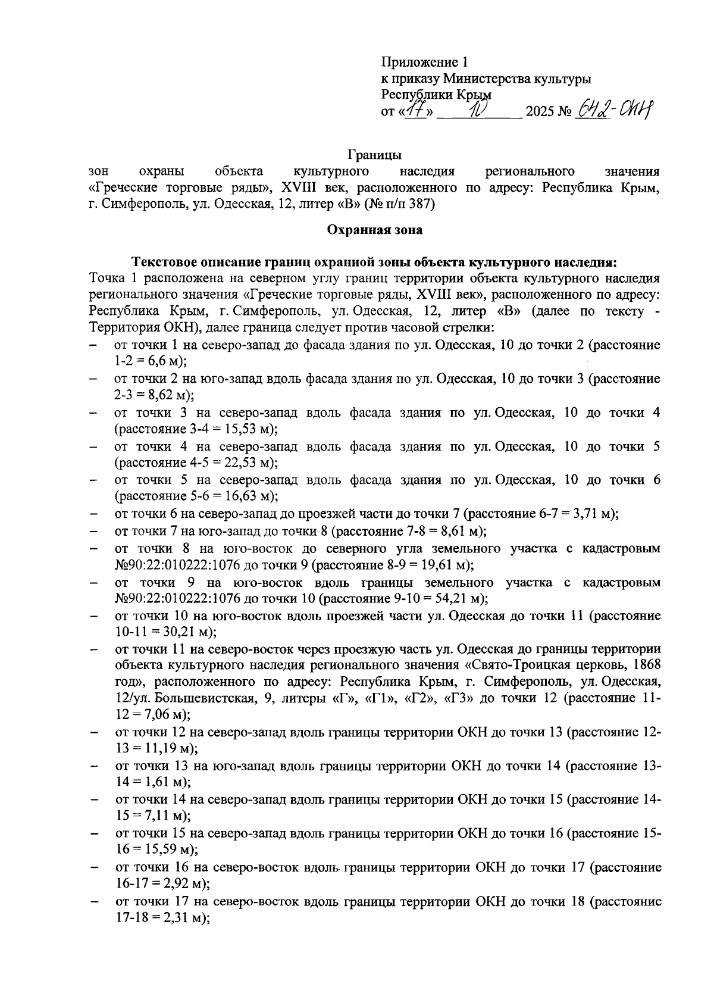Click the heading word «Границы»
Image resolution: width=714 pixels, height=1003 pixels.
pyautogui.click(x=375, y=155)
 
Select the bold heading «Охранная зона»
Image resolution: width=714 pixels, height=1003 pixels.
pyautogui.click(x=375, y=229)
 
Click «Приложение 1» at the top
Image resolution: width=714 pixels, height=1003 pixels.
pyautogui.click(x=425, y=62)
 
